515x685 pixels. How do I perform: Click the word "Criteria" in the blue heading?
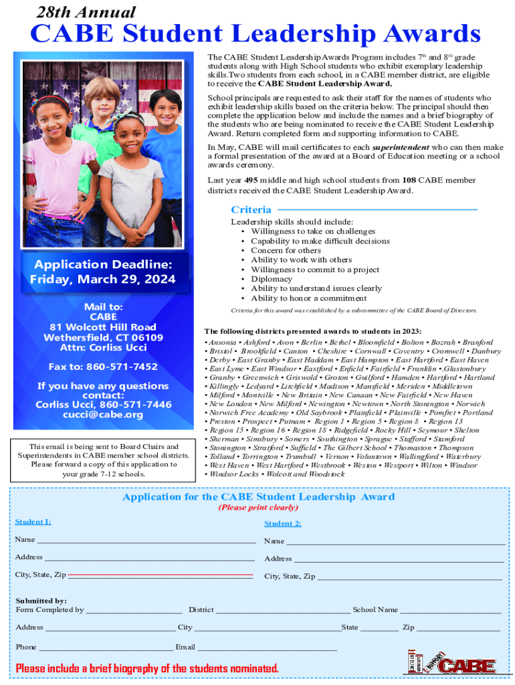[x=251, y=209]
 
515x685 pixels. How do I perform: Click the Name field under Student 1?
[x=146, y=541]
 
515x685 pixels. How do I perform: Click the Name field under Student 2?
[x=395, y=542]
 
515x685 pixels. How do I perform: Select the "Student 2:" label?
[x=282, y=523]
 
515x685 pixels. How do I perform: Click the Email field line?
[x=267, y=648]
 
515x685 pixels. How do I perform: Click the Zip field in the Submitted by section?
[x=458, y=629]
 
